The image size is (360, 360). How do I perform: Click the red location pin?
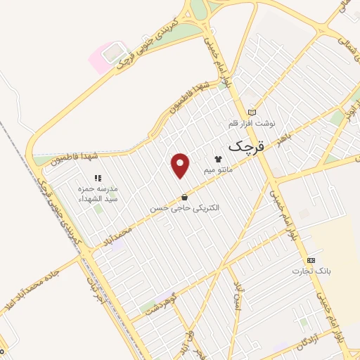tap(181, 165)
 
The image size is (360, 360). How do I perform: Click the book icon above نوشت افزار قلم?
tap(252, 112)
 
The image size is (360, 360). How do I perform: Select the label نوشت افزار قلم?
tap(252, 123)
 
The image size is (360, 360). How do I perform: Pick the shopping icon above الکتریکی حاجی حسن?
tap(184, 198)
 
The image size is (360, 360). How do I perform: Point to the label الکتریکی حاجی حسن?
tap(184, 208)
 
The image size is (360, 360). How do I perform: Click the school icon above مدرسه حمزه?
tap(98, 179)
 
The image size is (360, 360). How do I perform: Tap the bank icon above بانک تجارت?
tap(311, 260)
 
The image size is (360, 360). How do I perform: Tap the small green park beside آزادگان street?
tap(304, 323)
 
